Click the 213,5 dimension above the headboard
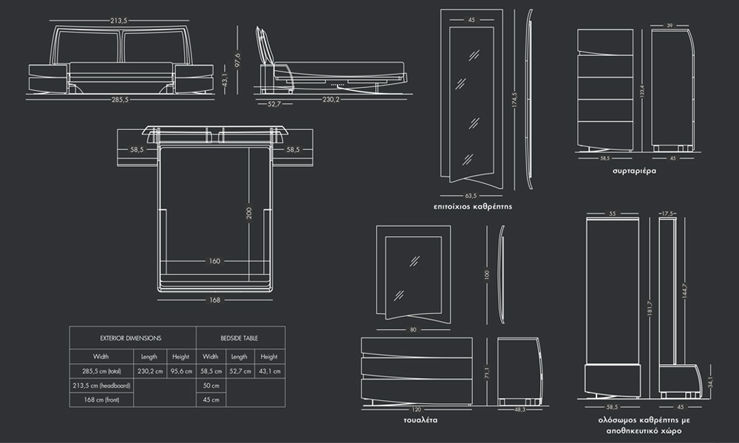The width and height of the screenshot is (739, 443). pyautogui.click(x=119, y=21)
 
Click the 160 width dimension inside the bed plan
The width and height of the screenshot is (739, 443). pyautogui.click(x=214, y=261)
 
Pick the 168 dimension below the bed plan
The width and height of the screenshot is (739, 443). pyautogui.click(x=214, y=300)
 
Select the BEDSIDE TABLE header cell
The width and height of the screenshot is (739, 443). pyautogui.click(x=239, y=337)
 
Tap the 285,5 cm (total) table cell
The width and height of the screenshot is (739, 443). pyautogui.click(x=101, y=371)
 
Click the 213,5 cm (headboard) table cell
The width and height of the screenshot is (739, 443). pyautogui.click(x=101, y=385)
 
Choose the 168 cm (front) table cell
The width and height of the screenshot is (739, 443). pyautogui.click(x=101, y=400)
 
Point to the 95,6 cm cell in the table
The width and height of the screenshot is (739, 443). pyautogui.click(x=181, y=371)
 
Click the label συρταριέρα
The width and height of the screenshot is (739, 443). pyautogui.click(x=634, y=171)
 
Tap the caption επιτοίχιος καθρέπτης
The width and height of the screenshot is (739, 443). pyautogui.click(x=473, y=207)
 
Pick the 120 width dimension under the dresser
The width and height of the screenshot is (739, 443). pyautogui.click(x=416, y=408)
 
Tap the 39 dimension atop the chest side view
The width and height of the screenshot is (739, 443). pyautogui.click(x=670, y=26)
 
